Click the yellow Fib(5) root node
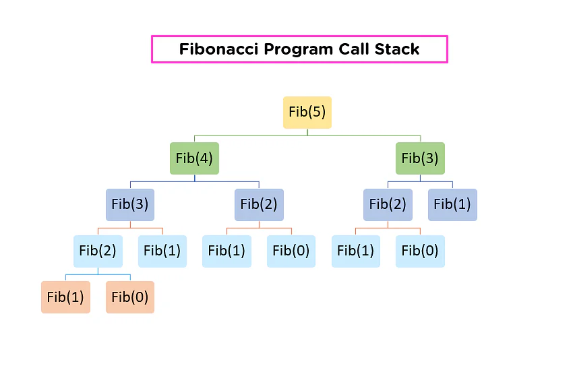pyautogui.click(x=307, y=112)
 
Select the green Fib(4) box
pyautogui.click(x=194, y=158)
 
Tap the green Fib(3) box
pyautogui.click(x=420, y=158)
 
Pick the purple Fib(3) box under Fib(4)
pyautogui.click(x=130, y=205)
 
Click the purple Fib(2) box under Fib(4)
pyautogui.click(x=259, y=205)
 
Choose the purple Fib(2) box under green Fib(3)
pyautogui.click(x=388, y=205)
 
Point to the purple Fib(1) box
pyautogui.click(x=452, y=205)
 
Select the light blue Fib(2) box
pyautogui.click(x=98, y=251)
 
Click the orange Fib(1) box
pyautogui.click(x=66, y=297)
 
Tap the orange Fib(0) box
pyautogui.click(x=130, y=297)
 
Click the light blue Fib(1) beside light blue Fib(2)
pyautogui.click(x=162, y=251)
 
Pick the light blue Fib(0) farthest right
pyautogui.click(x=420, y=251)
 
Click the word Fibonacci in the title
pyautogui.click(x=218, y=49)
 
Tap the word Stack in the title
pyautogui.click(x=397, y=49)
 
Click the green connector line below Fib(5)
pyautogui.click(x=307, y=135)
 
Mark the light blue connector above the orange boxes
pyautogui.click(x=98, y=274)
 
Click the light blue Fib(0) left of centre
pyautogui.click(x=291, y=251)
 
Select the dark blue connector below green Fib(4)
pyautogui.click(x=195, y=181)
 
